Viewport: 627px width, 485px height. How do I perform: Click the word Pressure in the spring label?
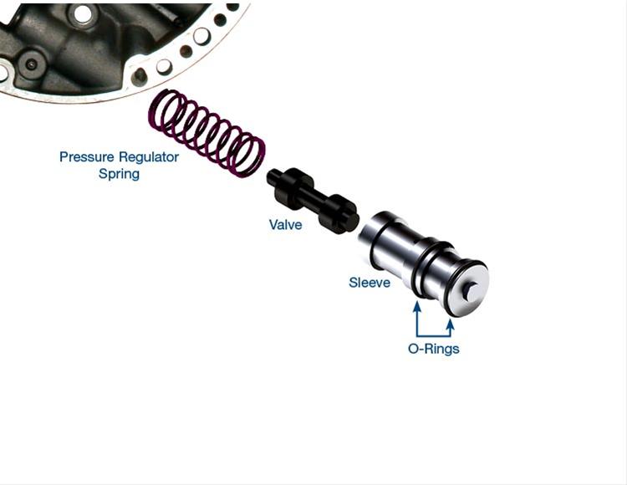87,157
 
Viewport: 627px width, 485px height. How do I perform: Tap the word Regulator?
148,157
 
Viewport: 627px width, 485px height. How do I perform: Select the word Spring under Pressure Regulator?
119,174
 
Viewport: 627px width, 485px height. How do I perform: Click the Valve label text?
285,225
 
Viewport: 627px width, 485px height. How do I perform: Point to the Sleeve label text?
370,283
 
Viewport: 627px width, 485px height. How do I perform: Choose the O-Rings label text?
433,349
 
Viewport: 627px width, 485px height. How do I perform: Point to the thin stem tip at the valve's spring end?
272,177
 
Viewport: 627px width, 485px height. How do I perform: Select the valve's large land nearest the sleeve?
339,214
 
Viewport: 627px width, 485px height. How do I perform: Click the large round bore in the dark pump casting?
82,13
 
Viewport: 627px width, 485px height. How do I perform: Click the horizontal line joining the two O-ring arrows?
434,333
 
